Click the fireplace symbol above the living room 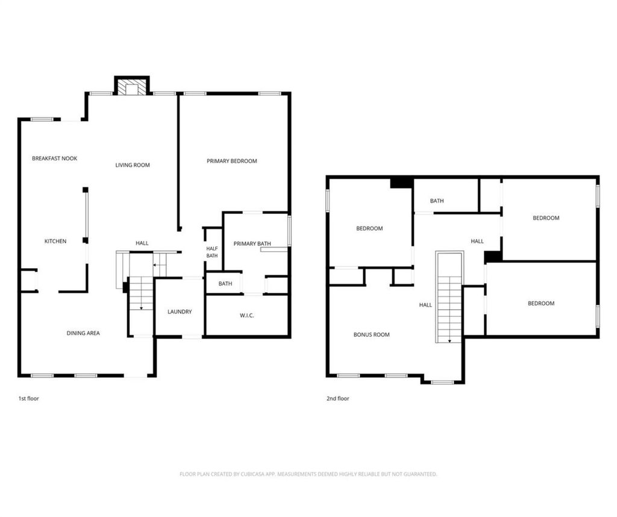[x=132, y=86]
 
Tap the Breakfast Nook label [x=55, y=158]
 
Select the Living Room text [x=133, y=165]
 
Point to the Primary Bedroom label [x=232, y=161]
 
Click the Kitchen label [x=55, y=241]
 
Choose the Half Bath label [x=212, y=252]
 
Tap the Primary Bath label [x=252, y=244]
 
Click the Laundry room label [x=180, y=312]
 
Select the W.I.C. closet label [x=246, y=316]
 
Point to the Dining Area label [x=83, y=333]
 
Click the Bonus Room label [x=371, y=335]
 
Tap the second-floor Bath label [x=437, y=201]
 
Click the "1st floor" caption [x=29, y=398]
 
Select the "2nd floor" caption [x=337, y=398]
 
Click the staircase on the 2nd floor [x=449, y=297]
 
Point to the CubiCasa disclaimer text [x=308, y=474]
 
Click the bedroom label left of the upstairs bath [x=369, y=228]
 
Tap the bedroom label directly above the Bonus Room [x=369, y=228]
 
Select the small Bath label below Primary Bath [x=225, y=284]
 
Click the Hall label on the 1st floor [x=142, y=243]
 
